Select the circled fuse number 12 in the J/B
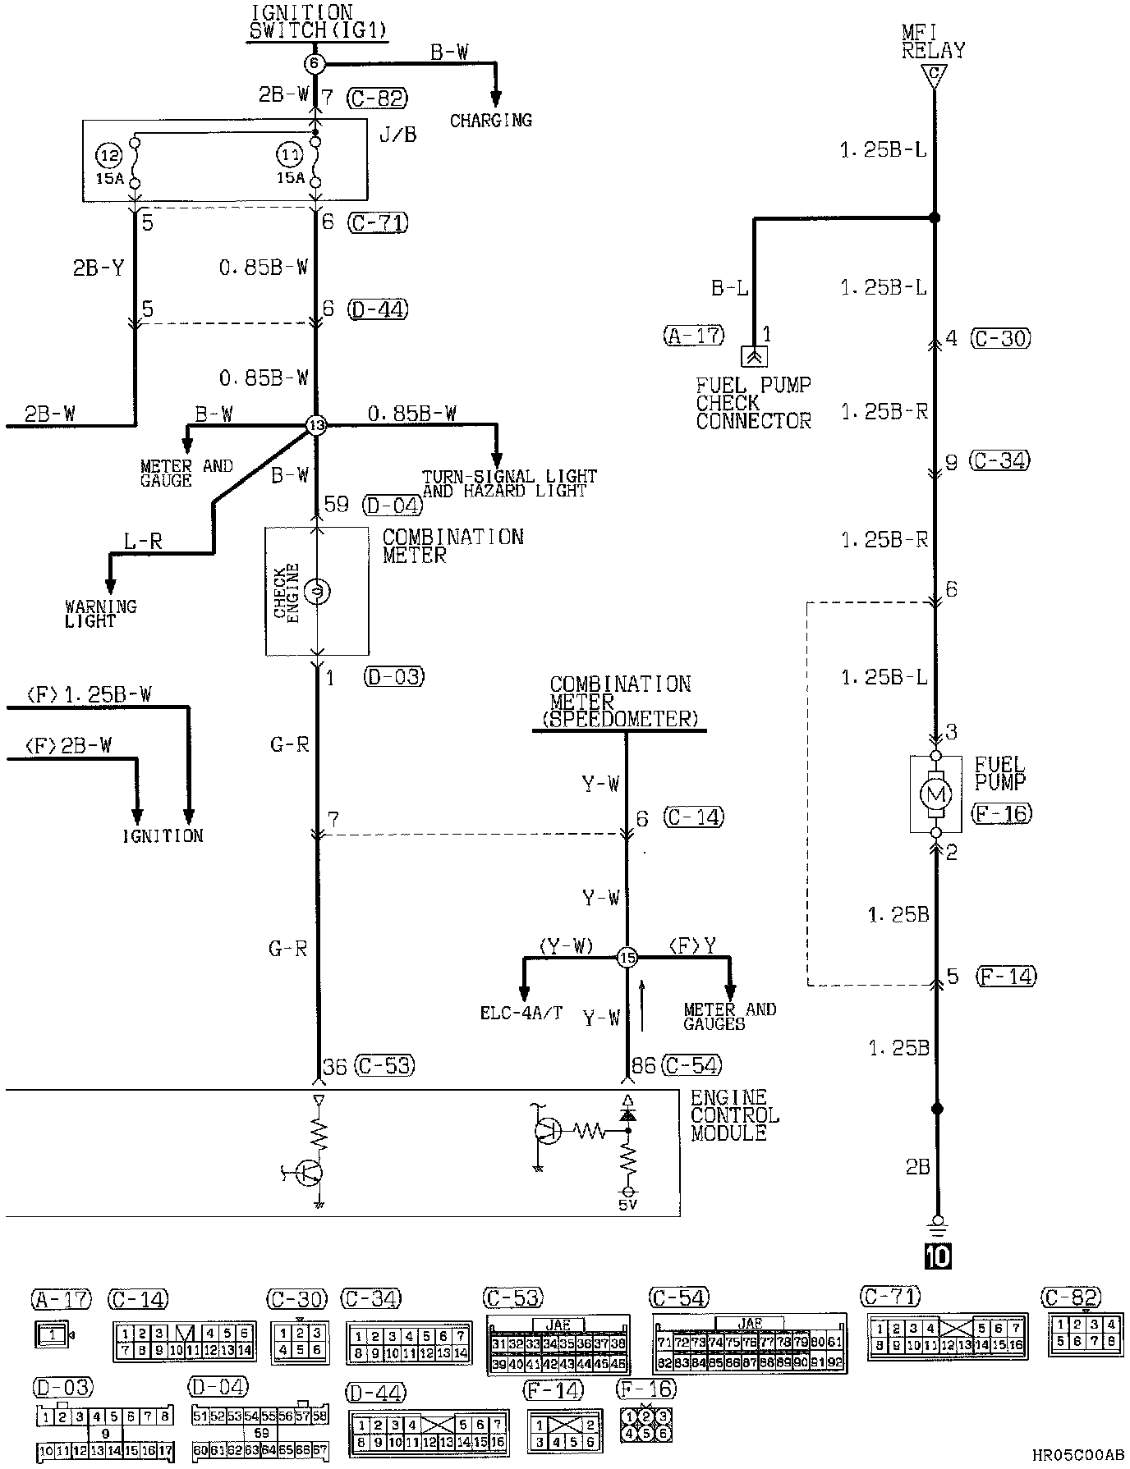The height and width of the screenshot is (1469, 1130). click(108, 153)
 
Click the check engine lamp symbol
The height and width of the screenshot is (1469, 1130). click(318, 590)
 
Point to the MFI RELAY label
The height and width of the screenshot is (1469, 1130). click(933, 42)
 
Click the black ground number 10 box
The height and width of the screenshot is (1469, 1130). click(937, 1256)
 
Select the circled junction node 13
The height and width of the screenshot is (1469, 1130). click(316, 425)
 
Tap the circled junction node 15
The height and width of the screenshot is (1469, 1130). click(627, 957)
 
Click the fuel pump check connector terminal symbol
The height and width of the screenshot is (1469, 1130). click(753, 356)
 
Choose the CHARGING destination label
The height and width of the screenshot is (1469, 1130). click(491, 121)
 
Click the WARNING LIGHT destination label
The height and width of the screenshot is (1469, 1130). click(100, 614)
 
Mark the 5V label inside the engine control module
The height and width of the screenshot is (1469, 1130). click(628, 1206)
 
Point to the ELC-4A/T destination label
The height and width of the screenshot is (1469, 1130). click(521, 1014)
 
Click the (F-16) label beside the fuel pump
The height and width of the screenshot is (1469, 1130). click(1001, 813)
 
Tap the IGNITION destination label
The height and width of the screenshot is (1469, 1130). click(163, 836)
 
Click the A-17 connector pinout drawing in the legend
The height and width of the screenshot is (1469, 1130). click(53, 1334)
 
